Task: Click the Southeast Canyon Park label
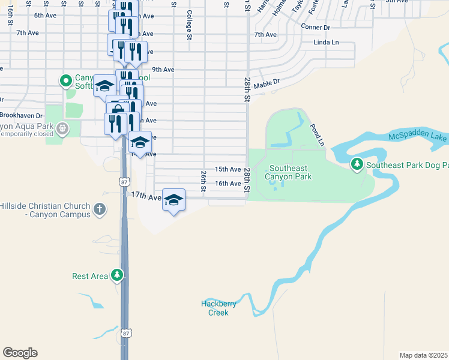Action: [290, 173]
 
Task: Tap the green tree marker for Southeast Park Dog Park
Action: [357, 163]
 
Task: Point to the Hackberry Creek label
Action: [218, 308]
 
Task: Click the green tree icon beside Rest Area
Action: [117, 275]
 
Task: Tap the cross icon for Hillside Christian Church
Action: [100, 209]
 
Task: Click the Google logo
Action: [20, 353]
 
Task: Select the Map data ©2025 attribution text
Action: [423, 355]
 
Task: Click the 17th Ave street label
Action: [146, 197]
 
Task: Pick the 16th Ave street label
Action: [228, 184]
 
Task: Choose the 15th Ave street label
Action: [228, 170]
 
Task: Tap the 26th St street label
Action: [203, 177]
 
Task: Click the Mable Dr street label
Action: [267, 85]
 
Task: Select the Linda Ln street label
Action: [327, 43]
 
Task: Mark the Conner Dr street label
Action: [316, 28]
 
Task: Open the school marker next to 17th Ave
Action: [173, 200]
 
